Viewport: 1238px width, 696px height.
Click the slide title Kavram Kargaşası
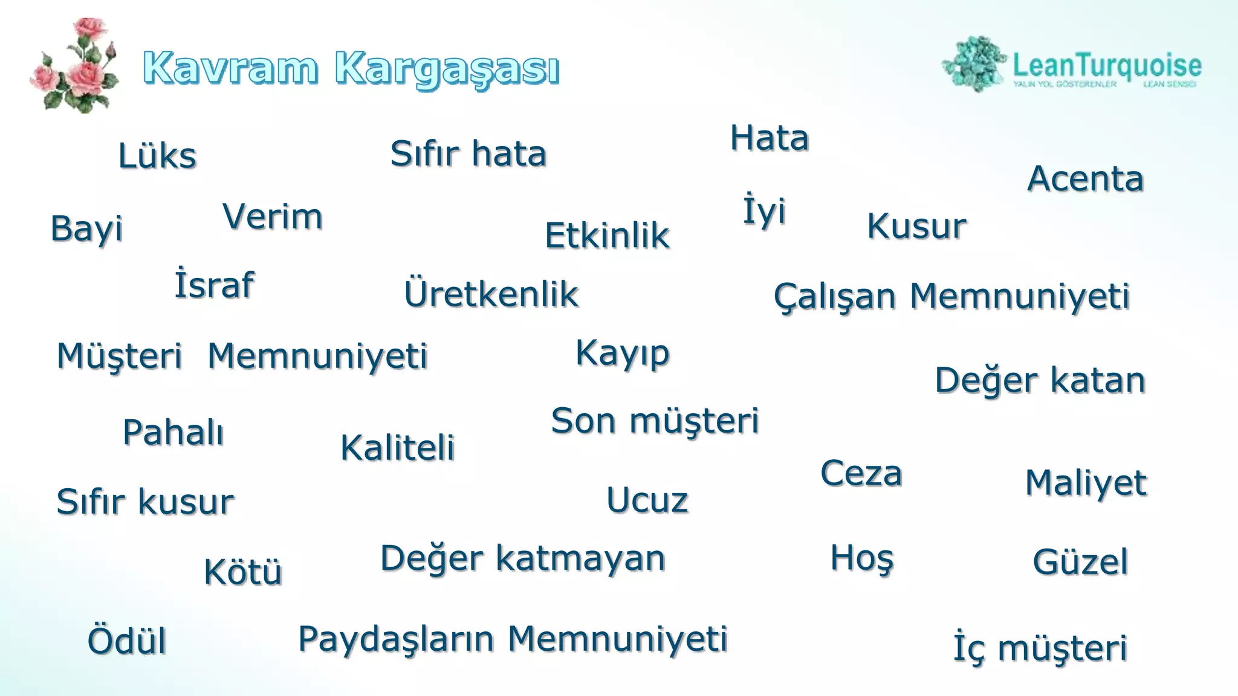click(351, 68)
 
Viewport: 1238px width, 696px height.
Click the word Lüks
click(157, 156)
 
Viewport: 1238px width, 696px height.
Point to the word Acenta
click(1085, 179)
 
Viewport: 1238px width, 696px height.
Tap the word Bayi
click(86, 229)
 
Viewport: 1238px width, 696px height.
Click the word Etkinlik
click(607, 236)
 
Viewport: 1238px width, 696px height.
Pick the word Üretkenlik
click(491, 294)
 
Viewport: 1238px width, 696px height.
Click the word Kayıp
click(623, 353)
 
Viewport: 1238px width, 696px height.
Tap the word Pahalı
click(173, 433)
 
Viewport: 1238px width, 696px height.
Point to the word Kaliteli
click(397, 448)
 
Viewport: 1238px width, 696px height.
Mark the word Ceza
click(861, 473)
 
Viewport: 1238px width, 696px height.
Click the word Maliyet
click(1086, 483)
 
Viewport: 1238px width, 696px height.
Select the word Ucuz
click(647, 500)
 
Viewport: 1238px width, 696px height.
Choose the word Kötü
click(243, 572)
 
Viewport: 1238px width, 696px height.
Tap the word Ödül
click(127, 641)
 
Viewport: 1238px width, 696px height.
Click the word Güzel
click(1080, 562)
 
